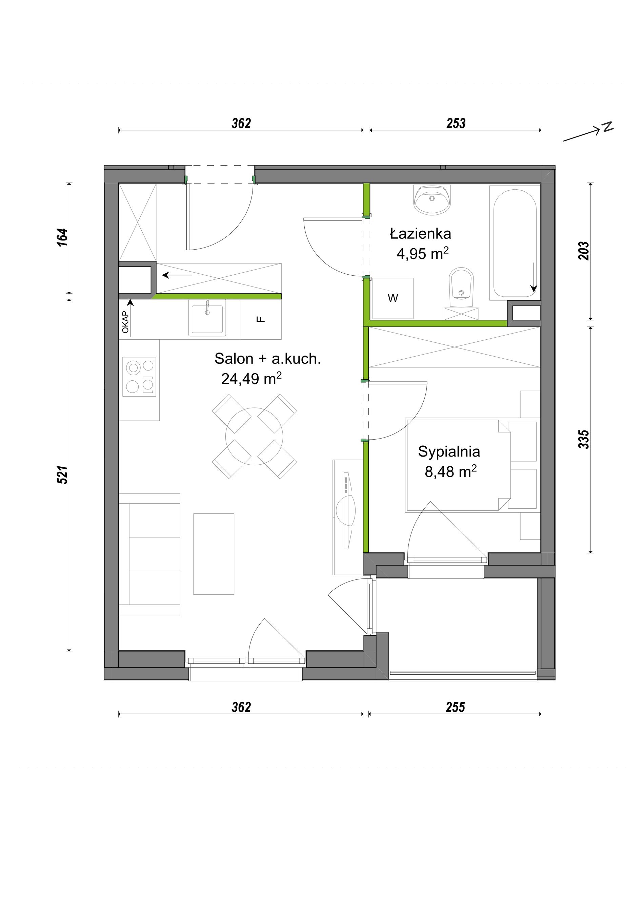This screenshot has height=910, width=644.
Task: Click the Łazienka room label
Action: [x=420, y=233]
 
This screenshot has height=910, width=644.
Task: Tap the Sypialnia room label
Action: [x=449, y=451]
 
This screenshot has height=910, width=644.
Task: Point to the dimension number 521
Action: [x=63, y=474]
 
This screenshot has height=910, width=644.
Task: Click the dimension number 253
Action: [x=456, y=123]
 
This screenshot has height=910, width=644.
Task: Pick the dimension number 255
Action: [x=455, y=707]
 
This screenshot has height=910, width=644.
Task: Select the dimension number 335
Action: [x=584, y=439]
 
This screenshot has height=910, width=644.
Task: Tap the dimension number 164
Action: [x=63, y=237]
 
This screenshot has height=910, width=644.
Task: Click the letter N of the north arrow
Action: [x=607, y=127]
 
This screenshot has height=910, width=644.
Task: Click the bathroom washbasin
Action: [x=432, y=200]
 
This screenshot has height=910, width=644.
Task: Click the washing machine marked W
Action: [x=393, y=298]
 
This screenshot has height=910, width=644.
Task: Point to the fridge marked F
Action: [x=261, y=319]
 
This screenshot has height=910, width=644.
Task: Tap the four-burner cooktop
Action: [x=139, y=377]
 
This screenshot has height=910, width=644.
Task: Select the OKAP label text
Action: [x=125, y=322]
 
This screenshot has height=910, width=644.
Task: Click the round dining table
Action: [x=254, y=436]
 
